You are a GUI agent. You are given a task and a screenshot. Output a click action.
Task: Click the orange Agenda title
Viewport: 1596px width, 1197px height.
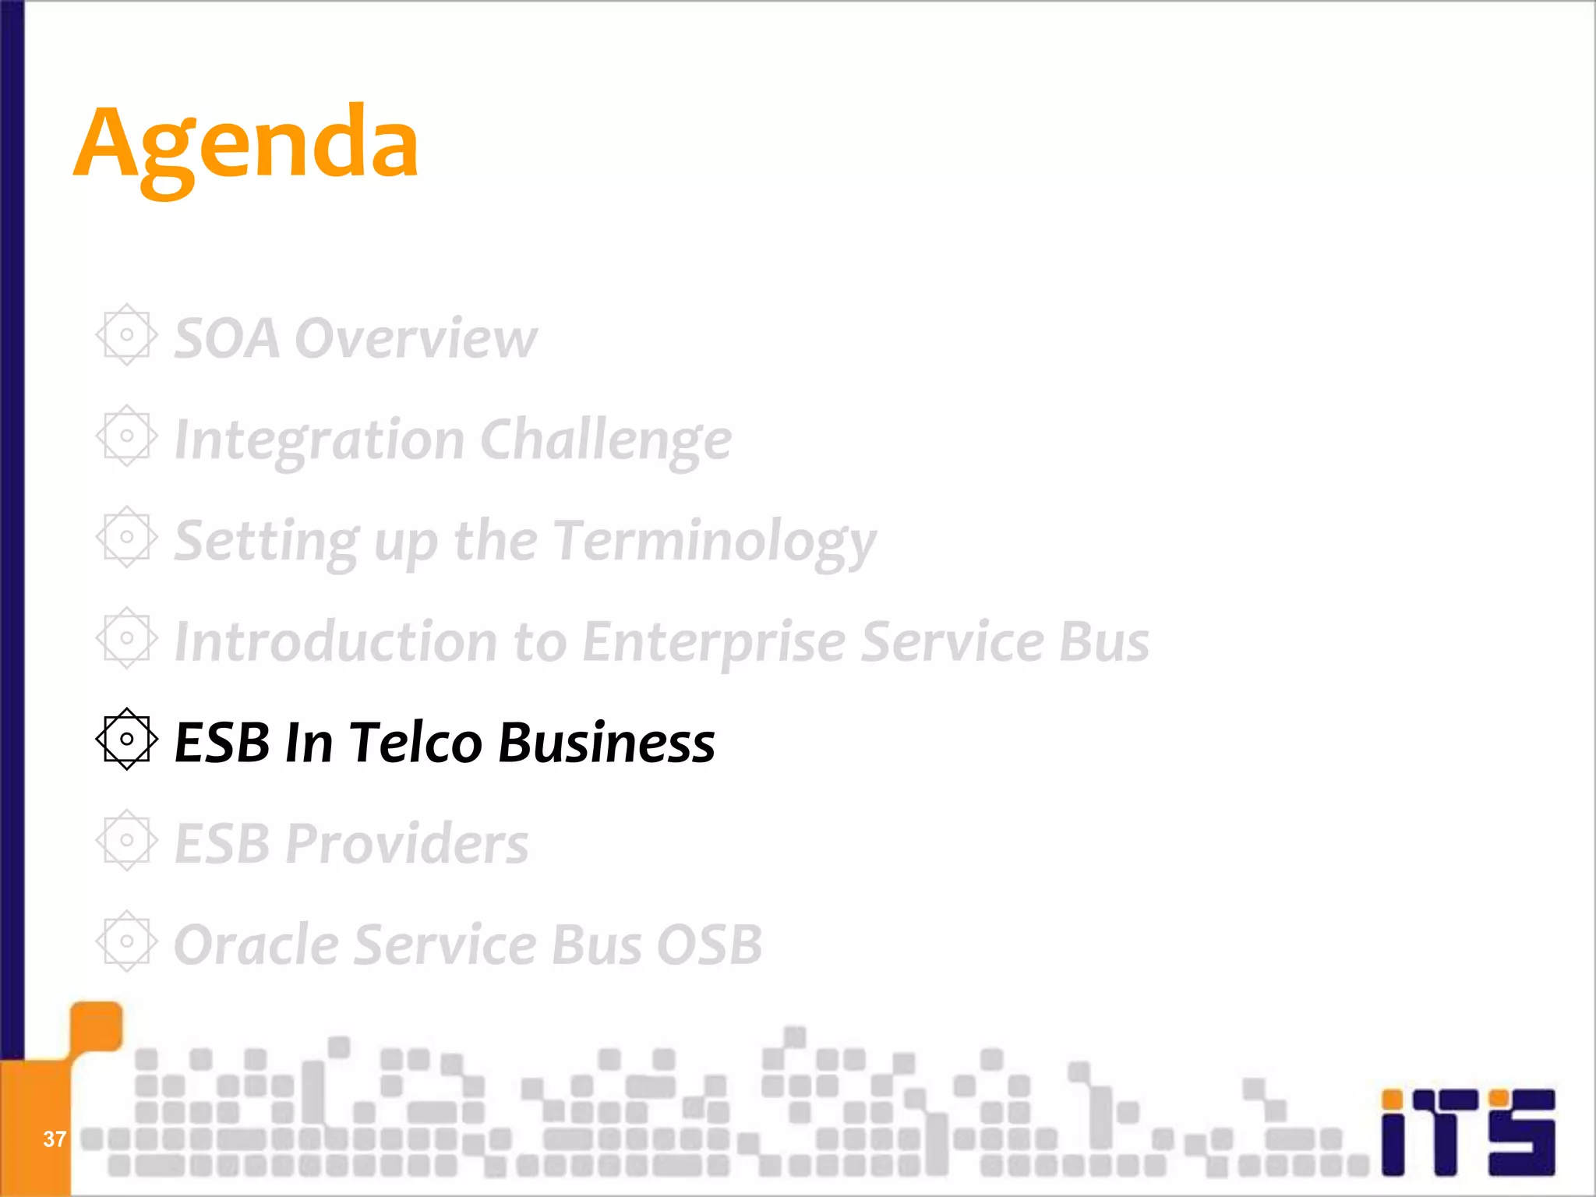246,144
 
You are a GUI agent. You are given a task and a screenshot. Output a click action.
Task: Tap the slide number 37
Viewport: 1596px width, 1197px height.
54,1139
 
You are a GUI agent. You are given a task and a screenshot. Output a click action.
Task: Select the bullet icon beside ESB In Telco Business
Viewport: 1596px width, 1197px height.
126,739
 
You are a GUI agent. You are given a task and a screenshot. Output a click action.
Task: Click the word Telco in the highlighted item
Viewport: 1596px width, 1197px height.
415,742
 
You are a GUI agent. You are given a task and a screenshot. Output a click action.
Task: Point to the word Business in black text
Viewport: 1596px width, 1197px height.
606,742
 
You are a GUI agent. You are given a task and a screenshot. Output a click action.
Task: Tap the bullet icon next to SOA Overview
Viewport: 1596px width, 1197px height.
126,335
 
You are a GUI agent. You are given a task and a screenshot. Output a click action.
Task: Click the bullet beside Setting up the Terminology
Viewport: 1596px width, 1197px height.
126,537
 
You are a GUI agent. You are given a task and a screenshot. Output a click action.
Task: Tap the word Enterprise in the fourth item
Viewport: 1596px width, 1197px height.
714,642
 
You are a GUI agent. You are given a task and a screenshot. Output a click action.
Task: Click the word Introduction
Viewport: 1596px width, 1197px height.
336,642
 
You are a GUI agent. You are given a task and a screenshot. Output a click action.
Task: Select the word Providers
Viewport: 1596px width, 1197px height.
406,843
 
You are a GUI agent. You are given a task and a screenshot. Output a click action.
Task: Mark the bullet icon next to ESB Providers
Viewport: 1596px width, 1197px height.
126,840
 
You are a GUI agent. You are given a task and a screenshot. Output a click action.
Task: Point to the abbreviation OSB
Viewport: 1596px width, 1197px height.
708,945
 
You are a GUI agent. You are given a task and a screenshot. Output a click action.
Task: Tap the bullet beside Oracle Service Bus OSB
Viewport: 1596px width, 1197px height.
126,941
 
